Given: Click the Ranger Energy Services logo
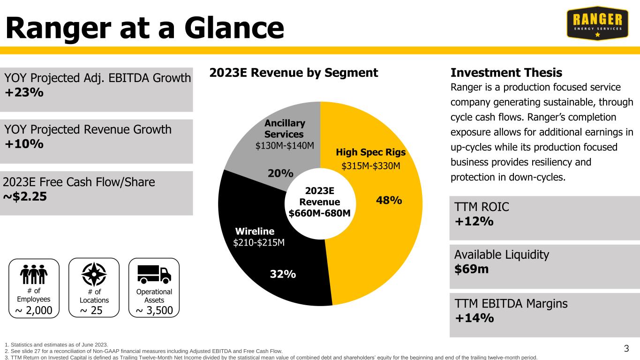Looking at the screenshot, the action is (597, 23).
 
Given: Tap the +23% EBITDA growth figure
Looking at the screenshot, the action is (24, 92).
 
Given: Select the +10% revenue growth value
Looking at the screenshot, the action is (24, 144).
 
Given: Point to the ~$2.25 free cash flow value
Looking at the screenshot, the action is (25, 196).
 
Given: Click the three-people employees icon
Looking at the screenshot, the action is (34, 274).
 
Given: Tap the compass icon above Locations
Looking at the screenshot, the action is (94, 274).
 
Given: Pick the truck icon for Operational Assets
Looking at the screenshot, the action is (154, 274).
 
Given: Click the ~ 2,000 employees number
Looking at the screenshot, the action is (34, 310).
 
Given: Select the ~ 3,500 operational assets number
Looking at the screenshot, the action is (154, 310).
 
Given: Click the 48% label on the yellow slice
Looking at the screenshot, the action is (389, 200).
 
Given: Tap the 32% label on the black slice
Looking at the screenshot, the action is (283, 274).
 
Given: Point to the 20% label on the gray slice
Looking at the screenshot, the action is (280, 173).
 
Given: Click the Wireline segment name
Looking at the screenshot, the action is (255, 231).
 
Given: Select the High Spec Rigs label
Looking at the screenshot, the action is (370, 152).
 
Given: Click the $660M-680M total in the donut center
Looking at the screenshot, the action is (319, 213).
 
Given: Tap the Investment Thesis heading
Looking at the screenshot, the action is (506, 73).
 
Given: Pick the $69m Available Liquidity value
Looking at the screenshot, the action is (471, 269).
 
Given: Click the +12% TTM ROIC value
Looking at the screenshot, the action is (474, 221).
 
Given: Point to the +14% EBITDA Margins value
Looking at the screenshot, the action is (474, 318).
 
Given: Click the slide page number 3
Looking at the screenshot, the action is (626, 348).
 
